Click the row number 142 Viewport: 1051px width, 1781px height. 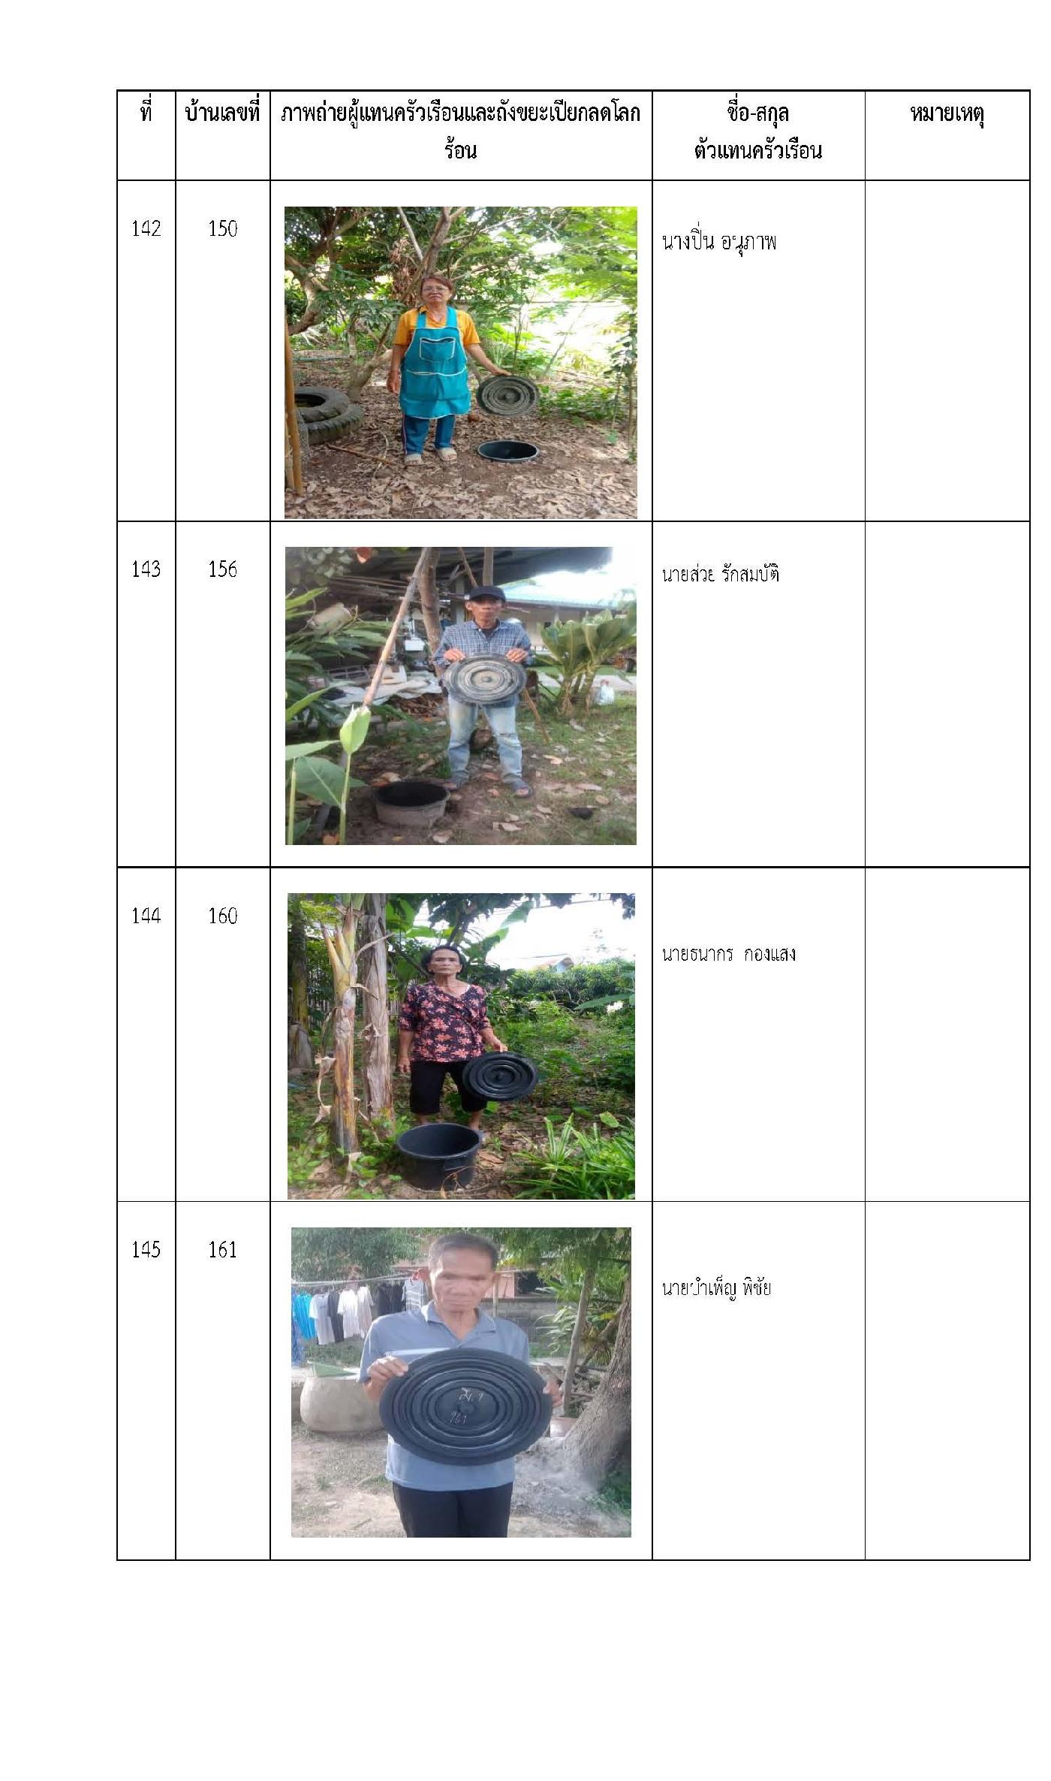pyautogui.click(x=146, y=228)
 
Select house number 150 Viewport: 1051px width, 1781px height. pyautogui.click(x=222, y=228)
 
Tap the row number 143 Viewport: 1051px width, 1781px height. pyautogui.click(x=146, y=569)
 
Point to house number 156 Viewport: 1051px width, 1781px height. pyautogui.click(x=222, y=569)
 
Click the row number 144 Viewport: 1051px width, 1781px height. pyautogui.click(x=146, y=916)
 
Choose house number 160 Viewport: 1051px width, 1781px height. pyautogui.click(x=222, y=916)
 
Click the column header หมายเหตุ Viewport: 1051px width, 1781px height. pyautogui.click(x=947, y=114)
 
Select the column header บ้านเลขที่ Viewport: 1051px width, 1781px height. pyautogui.click(x=222, y=113)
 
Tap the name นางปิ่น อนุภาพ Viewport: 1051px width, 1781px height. pyautogui.click(x=719, y=242)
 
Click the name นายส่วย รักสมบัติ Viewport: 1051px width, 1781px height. pyautogui.click(x=721, y=574)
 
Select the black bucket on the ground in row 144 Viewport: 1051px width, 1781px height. pyautogui.click(x=438, y=1155)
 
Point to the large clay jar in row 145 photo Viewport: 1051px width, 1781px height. pyautogui.click(x=338, y=1402)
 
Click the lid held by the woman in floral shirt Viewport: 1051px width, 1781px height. pyautogui.click(x=499, y=1077)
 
